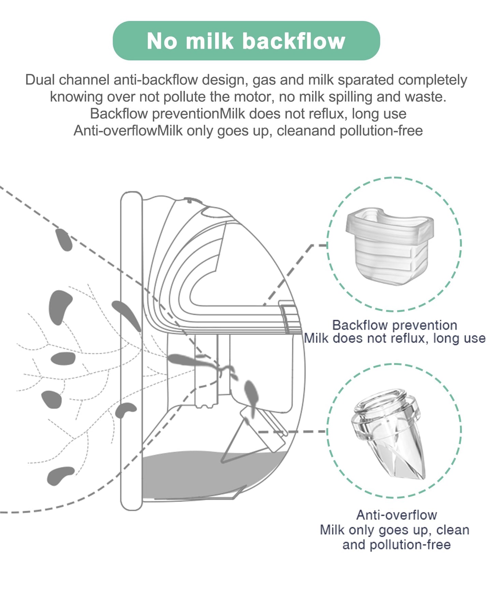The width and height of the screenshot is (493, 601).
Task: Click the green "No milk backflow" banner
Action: [246, 41]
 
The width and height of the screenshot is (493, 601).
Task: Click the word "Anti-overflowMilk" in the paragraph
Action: [128, 131]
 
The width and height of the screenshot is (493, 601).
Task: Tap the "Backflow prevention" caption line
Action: [394, 325]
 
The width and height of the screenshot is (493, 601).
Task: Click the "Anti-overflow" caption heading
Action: [396, 515]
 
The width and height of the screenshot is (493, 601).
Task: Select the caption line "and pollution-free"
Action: [396, 545]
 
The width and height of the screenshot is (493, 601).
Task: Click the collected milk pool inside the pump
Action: [205, 474]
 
